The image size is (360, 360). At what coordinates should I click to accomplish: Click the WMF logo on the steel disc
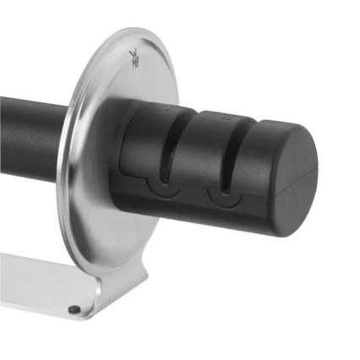[x=134, y=57]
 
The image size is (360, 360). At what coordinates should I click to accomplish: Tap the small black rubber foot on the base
[x=74, y=309]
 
